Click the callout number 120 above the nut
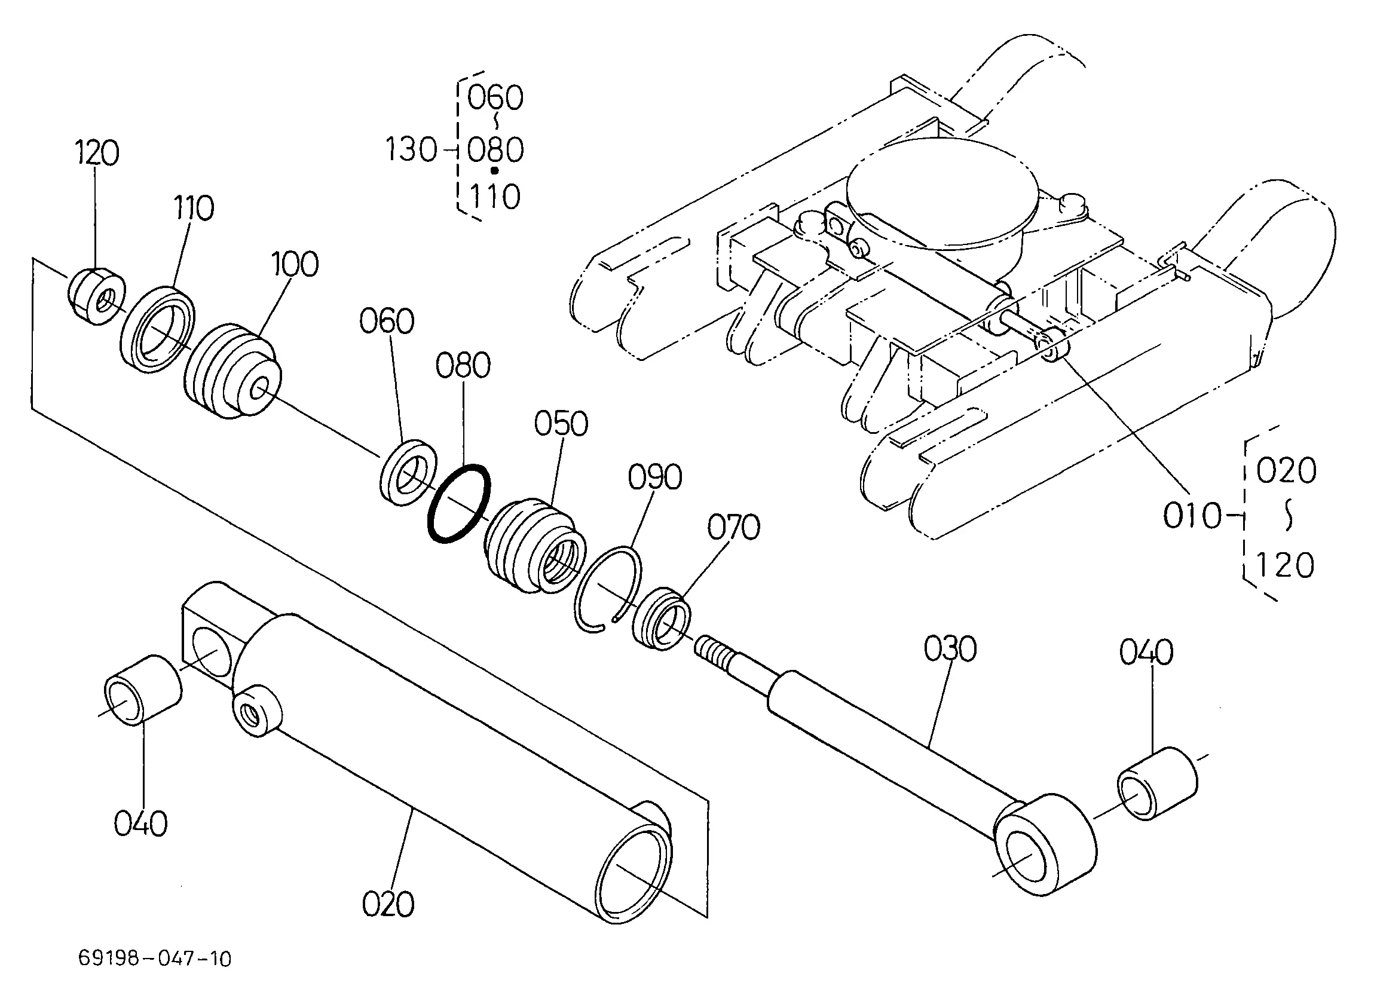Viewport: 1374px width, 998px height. [x=97, y=153]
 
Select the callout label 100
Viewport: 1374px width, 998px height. [x=295, y=264]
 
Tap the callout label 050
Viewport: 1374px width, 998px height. [x=561, y=424]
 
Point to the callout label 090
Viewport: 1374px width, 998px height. [x=655, y=477]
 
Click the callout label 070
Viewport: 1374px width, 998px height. [x=734, y=527]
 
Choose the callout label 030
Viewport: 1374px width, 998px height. [x=950, y=648]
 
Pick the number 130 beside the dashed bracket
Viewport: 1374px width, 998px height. [x=411, y=149]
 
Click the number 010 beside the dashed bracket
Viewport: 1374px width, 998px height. [x=1192, y=516]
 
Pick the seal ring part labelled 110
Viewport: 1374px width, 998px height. [x=159, y=327]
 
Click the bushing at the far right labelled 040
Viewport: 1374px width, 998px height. [x=1156, y=783]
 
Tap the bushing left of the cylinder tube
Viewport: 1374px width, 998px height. [x=143, y=690]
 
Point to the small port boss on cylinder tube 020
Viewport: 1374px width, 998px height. [x=256, y=711]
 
